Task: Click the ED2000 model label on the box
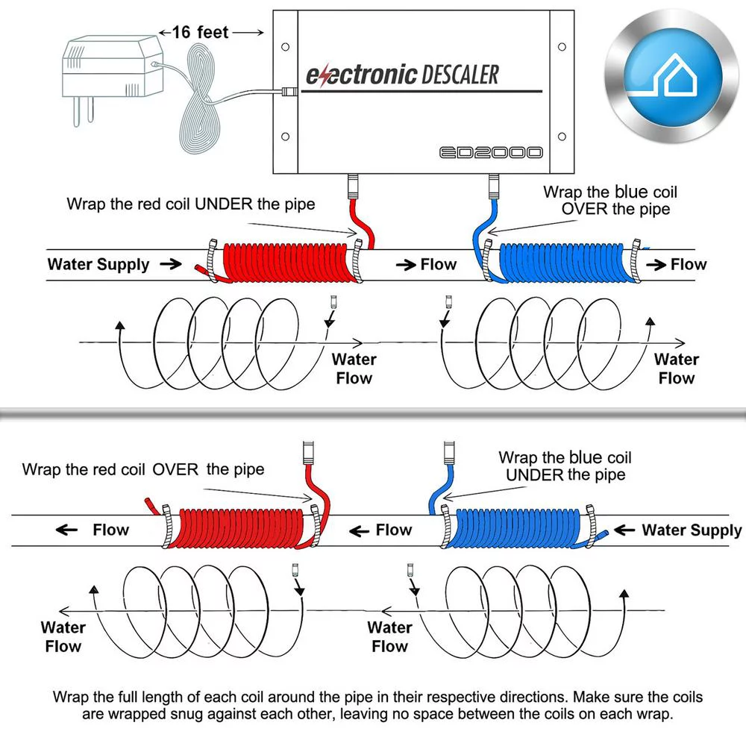point(490,152)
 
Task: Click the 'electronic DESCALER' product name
point(402,75)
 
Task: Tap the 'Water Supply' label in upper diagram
point(98,264)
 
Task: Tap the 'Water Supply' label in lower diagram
point(691,530)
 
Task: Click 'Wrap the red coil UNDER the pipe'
point(190,203)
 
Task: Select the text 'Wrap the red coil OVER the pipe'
point(142,469)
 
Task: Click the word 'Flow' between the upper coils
point(438,264)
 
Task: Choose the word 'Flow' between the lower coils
point(393,530)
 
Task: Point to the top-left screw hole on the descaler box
point(285,46)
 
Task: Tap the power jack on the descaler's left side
point(288,93)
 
